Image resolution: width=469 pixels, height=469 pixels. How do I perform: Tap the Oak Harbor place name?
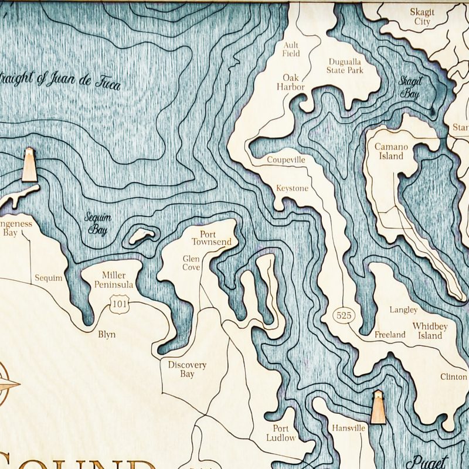(291, 82)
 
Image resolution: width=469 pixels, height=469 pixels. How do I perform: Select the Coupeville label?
(286, 159)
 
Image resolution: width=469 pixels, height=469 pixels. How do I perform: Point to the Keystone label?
(292, 188)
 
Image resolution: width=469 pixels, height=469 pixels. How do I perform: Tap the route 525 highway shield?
(344, 315)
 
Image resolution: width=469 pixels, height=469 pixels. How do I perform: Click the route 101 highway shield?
(117, 303)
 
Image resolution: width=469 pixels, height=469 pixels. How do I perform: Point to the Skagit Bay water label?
(410, 87)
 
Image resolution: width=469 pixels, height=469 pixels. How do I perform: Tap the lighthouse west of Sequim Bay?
(29, 165)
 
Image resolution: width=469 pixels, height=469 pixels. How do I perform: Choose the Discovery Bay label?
(187, 369)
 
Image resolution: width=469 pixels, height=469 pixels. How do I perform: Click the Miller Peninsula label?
(114, 280)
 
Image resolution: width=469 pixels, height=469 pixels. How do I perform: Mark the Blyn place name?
(107, 335)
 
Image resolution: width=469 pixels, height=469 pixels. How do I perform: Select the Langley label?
(403, 310)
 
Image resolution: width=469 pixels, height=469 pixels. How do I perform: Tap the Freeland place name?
(390, 335)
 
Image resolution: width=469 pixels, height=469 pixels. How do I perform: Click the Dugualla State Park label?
(345, 65)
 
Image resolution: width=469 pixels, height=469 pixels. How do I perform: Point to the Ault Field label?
(291, 49)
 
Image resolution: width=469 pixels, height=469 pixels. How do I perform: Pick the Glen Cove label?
(191, 263)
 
